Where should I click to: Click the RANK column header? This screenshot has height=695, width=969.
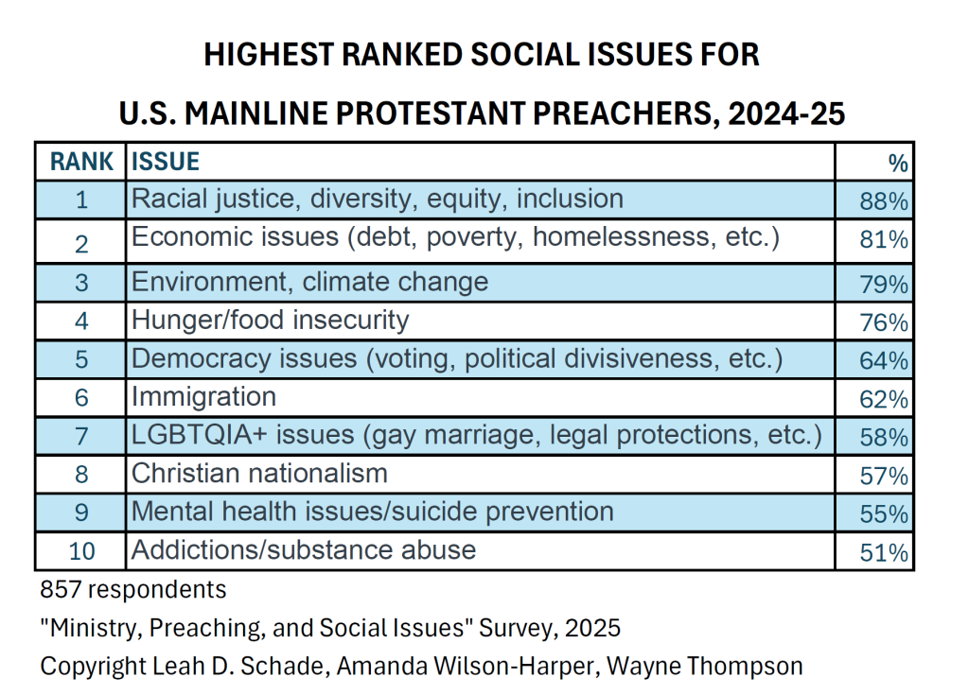(81, 162)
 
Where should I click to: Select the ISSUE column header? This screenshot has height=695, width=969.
(166, 162)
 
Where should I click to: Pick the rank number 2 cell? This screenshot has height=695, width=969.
(81, 243)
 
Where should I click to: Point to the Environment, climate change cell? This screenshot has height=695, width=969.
(309, 282)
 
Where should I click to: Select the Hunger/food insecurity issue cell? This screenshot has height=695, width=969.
(270, 321)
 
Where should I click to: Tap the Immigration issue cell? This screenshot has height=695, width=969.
(203, 397)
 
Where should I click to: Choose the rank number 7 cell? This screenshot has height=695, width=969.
(81, 437)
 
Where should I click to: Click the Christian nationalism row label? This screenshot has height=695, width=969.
(259, 473)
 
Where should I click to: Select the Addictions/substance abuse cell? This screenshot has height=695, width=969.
(303, 549)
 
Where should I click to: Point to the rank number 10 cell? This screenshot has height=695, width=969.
(81, 551)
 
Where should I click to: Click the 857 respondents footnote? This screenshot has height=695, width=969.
(132, 590)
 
